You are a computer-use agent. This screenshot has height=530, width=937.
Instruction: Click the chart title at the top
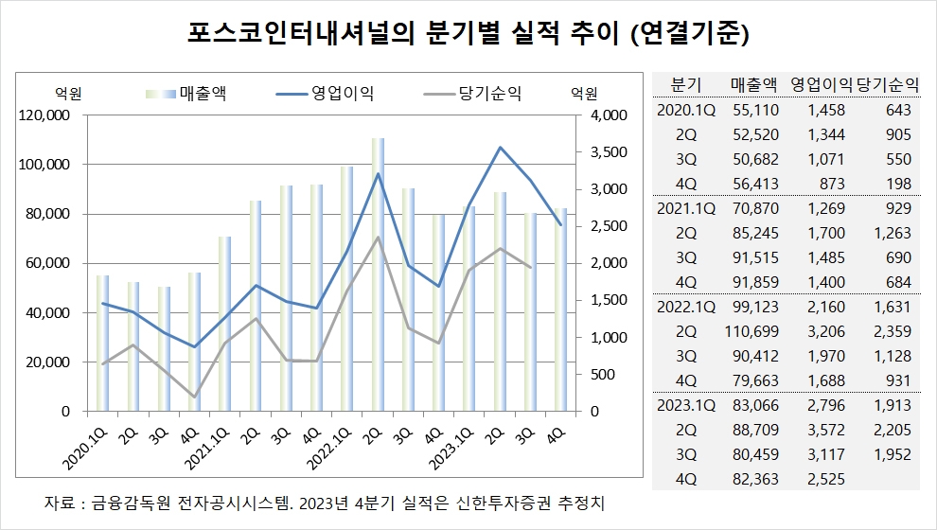(468, 35)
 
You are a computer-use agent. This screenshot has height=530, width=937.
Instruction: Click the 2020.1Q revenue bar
(102, 343)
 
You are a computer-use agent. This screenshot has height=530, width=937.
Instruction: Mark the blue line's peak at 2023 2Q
(500, 148)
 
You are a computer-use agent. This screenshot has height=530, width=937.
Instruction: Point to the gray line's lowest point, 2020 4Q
(194, 397)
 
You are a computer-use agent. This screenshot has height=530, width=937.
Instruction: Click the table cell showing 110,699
(752, 331)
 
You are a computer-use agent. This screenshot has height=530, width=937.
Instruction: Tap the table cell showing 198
(898, 184)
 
